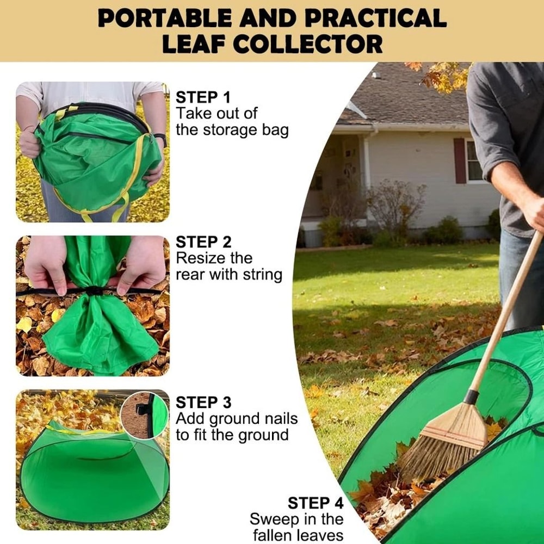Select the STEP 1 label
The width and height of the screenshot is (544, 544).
pyautogui.click(x=203, y=98)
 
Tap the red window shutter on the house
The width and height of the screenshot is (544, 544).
pyautogui.click(x=460, y=160)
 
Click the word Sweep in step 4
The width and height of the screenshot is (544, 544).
pyautogui.click(x=272, y=519)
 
